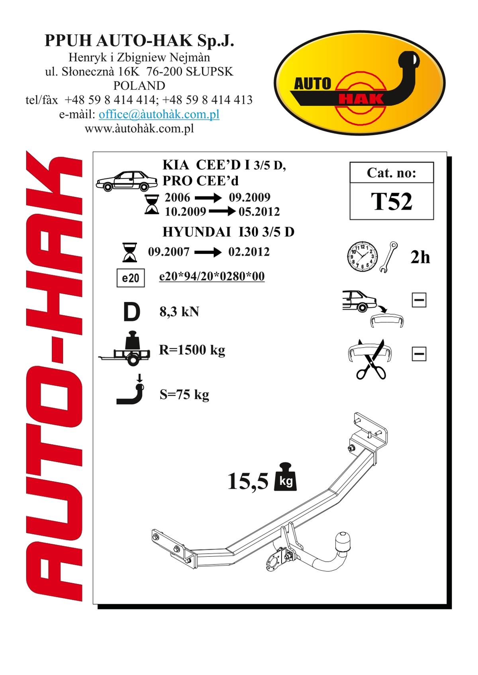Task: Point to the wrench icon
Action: [389, 257]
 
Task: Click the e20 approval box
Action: [131, 278]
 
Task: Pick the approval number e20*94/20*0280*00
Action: [212, 276]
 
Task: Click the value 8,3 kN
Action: [179, 311]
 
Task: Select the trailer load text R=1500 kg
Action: [192, 350]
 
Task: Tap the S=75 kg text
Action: [184, 395]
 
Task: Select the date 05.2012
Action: [259, 212]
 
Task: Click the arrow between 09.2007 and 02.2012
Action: [208, 252]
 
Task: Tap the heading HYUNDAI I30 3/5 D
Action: [228, 232]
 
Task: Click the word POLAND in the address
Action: [139, 86]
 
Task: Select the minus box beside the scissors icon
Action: [419, 354]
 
